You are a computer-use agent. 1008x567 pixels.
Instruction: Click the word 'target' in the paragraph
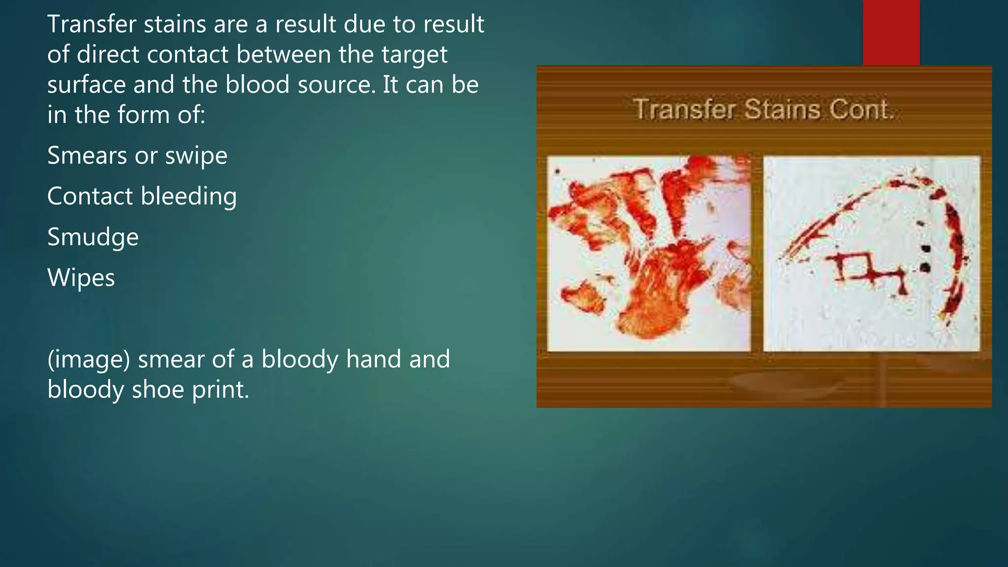click(414, 55)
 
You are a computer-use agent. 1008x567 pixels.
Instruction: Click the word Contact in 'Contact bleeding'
click(90, 196)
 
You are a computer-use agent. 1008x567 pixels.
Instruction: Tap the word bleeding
click(189, 197)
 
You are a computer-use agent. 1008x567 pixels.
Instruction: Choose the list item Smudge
click(93, 237)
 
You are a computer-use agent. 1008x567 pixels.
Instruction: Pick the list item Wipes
click(81, 278)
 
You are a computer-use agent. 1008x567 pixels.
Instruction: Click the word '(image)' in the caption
click(89, 360)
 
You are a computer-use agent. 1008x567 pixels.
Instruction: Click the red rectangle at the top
click(891, 32)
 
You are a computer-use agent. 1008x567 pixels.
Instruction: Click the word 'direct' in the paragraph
click(108, 55)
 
